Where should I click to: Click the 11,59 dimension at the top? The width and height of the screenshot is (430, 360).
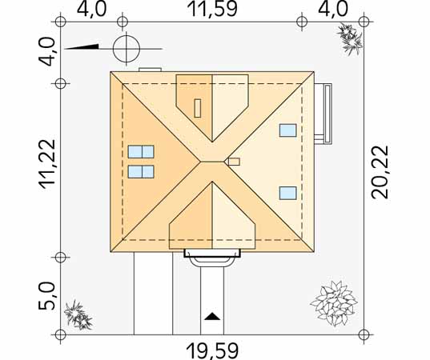(212, 10)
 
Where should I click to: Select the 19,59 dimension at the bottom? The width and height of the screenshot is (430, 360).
(212, 351)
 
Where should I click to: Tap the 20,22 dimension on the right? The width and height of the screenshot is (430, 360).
(380, 172)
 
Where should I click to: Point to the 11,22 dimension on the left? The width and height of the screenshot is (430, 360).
(47, 164)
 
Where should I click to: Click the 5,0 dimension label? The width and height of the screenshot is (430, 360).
(46, 296)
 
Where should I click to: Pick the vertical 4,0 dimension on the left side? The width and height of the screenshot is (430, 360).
(46, 52)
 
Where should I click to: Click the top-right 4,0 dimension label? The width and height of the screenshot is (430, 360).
(332, 10)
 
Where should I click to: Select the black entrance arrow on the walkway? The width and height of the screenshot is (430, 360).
(212, 317)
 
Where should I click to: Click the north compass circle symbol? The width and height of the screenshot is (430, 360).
(127, 49)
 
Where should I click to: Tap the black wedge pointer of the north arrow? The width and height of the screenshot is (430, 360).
(82, 47)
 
